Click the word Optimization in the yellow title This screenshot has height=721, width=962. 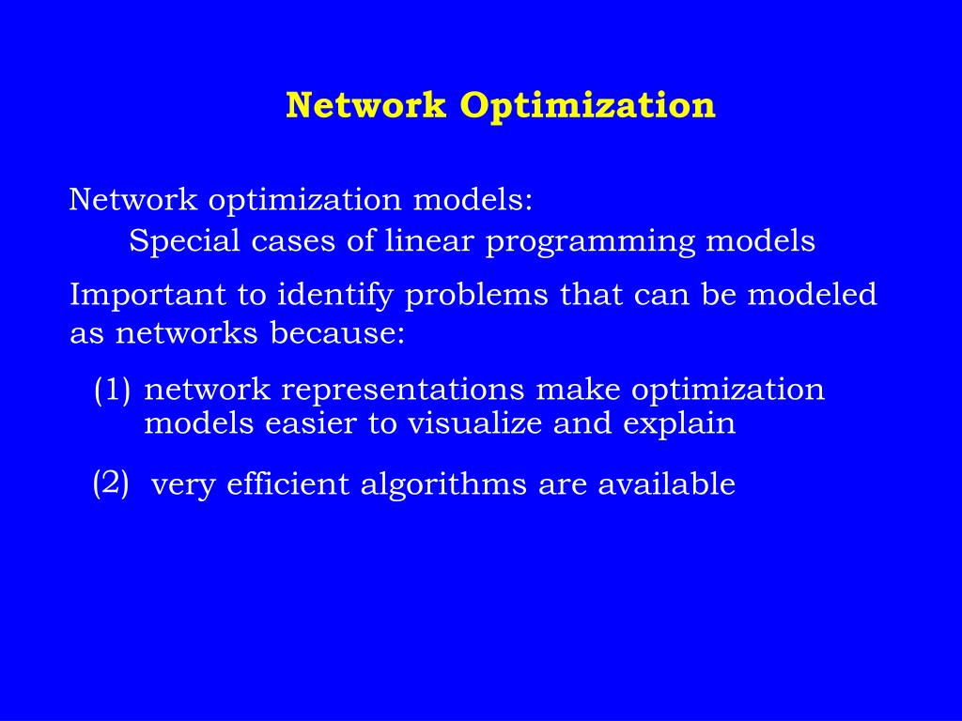587,105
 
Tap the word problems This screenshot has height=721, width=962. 477,296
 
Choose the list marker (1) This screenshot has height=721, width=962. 113,390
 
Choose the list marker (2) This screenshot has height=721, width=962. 111,483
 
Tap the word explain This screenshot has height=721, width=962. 679,424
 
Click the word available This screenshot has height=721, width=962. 666,484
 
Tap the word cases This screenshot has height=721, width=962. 292,241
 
